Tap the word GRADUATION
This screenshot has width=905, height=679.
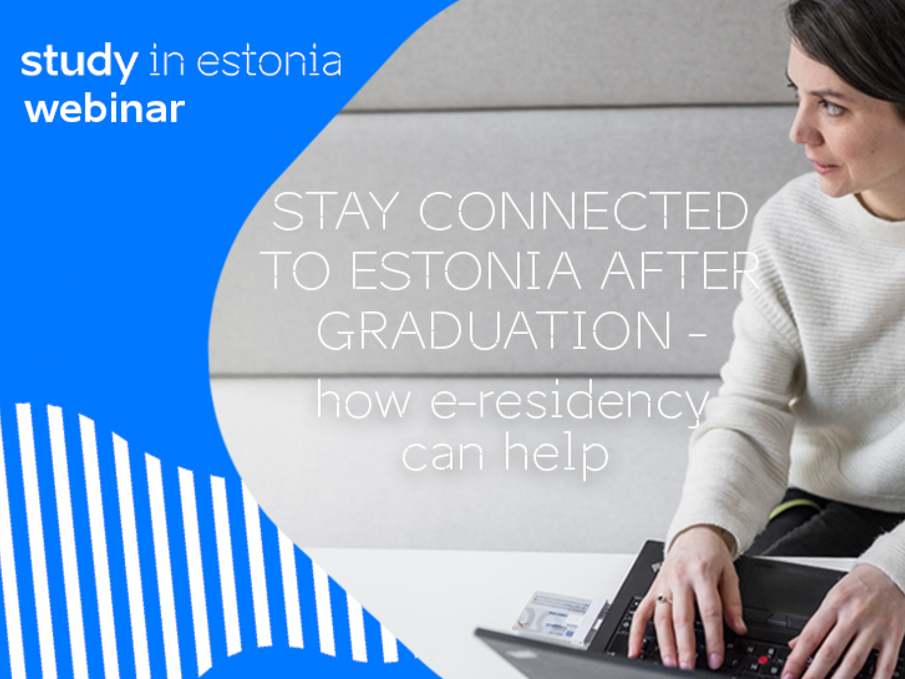[494, 331]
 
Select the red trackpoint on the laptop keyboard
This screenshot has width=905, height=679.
[763, 660]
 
